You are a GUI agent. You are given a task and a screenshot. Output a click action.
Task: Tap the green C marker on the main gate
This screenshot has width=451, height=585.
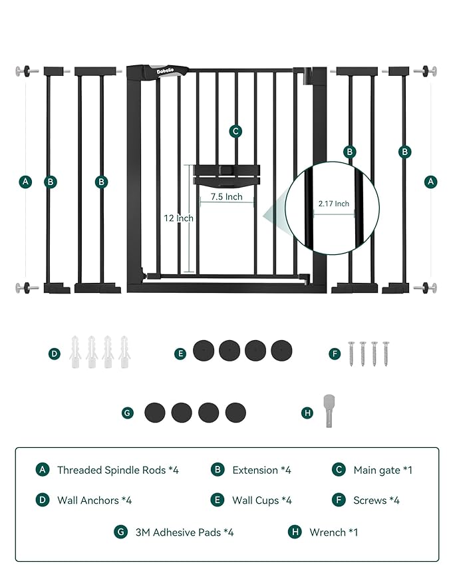click(x=235, y=131)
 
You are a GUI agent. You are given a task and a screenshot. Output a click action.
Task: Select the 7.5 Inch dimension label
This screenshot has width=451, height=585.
click(x=226, y=197)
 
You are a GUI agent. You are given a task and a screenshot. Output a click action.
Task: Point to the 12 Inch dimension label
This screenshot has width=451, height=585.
click(x=179, y=218)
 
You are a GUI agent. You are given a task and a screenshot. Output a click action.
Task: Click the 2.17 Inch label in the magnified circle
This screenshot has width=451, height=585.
click(x=333, y=204)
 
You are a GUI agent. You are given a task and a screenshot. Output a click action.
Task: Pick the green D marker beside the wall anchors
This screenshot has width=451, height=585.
click(x=55, y=354)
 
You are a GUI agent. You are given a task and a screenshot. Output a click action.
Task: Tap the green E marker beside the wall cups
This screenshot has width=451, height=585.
click(x=180, y=354)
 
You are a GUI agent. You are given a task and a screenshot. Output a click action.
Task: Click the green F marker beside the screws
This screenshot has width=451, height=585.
click(x=335, y=354)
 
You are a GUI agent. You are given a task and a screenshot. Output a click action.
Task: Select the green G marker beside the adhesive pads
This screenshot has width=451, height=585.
click(x=128, y=413)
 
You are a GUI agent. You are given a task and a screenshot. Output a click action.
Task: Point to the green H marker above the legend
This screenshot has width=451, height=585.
click(x=307, y=413)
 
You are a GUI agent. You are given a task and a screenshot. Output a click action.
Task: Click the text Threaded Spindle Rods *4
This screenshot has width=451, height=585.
click(x=118, y=470)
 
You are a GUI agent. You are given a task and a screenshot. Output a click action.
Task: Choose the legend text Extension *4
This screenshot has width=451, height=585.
click(x=261, y=470)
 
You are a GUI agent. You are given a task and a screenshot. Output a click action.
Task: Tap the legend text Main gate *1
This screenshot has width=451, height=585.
click(x=382, y=470)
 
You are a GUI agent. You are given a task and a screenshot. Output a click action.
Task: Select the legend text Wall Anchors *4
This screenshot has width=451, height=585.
click(x=94, y=500)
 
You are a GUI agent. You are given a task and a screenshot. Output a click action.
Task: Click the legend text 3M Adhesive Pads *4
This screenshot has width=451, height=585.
click(x=184, y=532)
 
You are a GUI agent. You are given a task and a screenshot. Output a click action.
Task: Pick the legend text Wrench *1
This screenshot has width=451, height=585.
click(x=333, y=532)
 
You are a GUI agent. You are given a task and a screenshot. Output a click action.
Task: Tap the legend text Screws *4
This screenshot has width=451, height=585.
click(x=376, y=500)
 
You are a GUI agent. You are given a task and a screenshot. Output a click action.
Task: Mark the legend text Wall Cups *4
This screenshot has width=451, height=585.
click(x=261, y=500)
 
